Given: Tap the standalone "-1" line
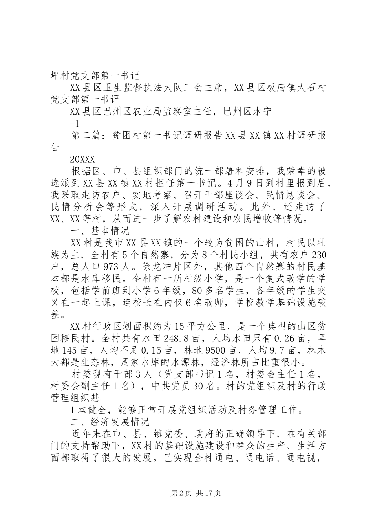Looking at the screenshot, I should (75, 123).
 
